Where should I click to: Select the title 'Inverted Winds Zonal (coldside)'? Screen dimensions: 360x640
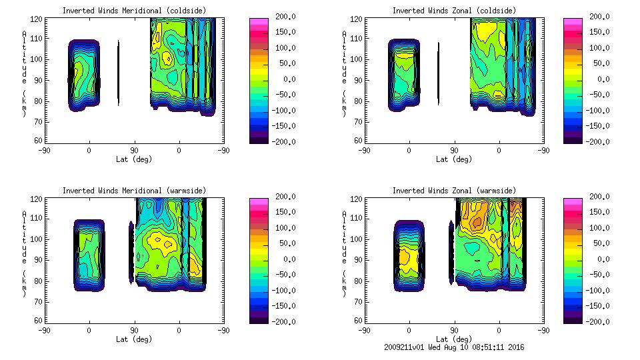click(x=454, y=11)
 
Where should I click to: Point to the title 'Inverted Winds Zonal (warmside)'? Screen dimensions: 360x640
click(x=454, y=191)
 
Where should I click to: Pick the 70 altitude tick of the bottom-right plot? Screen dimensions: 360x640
click(x=357, y=300)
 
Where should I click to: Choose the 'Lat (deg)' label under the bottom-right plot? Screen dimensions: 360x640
click(x=455, y=339)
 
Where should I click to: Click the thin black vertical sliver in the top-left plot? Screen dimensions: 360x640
click(x=119, y=73)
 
